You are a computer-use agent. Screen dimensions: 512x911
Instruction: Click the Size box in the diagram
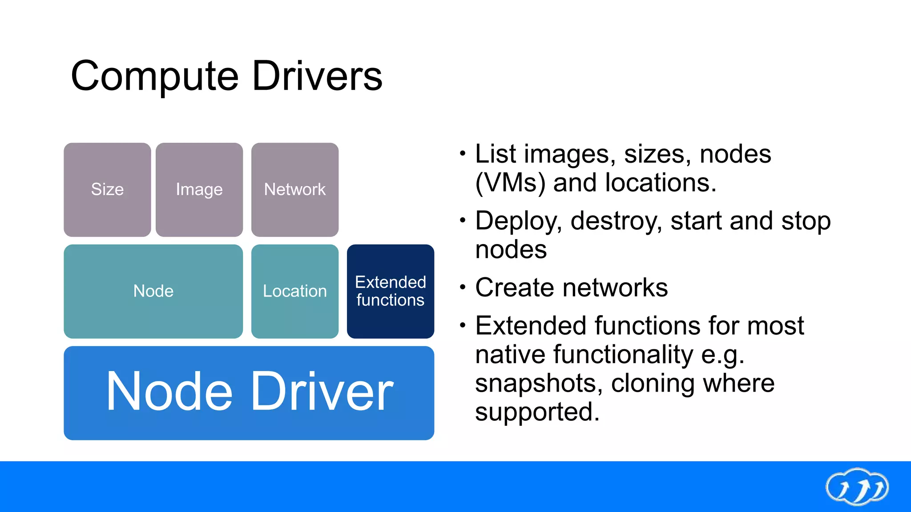point(107,190)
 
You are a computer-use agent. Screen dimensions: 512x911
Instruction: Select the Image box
point(199,190)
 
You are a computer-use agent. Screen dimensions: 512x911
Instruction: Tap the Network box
point(294,190)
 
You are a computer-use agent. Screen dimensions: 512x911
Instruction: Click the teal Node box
point(153,291)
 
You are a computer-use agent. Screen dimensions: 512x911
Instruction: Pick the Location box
point(294,291)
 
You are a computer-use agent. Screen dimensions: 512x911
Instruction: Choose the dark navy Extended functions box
point(390,291)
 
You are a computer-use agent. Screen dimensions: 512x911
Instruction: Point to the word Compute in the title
point(154,76)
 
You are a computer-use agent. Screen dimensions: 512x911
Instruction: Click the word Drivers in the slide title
point(317,76)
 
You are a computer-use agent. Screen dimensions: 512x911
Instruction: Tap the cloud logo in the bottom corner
point(857,487)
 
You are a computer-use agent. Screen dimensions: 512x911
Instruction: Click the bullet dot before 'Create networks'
point(463,288)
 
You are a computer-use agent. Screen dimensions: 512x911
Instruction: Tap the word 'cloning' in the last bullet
point(652,383)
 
